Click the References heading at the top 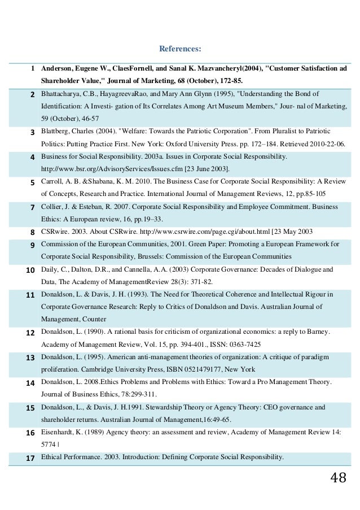(x=180, y=49)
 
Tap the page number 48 (x=338, y=478)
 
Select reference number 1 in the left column (x=33, y=68)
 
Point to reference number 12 (x=30, y=332)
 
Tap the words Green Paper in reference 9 (x=227, y=244)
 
